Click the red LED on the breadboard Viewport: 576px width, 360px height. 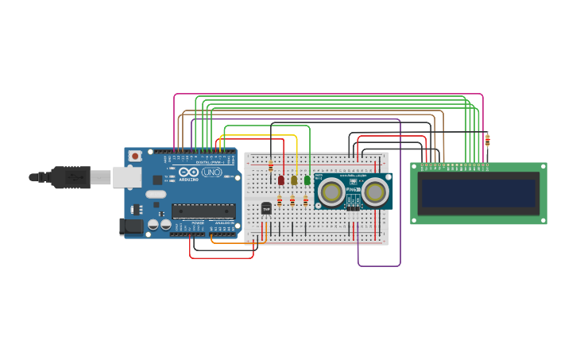pos(281,180)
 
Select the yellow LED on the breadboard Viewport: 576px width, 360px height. pos(294,180)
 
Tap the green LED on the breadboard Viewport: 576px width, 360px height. pos(307,180)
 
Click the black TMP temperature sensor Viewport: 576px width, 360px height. pos(266,208)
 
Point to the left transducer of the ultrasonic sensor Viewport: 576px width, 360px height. pos(331,191)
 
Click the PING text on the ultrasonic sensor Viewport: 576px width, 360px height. pos(353,190)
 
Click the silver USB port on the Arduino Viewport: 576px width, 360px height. pos(126,176)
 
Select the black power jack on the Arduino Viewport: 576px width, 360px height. pos(132,227)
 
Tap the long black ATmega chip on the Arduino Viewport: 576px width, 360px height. pos(203,211)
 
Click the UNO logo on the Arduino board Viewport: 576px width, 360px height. pos(212,172)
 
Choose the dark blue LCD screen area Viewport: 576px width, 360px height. pos(478,193)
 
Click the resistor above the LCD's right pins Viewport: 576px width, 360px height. pos(487,141)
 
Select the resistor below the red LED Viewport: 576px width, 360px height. pos(280,201)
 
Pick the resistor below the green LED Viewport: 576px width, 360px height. pos(305,201)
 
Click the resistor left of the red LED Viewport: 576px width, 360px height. pos(271,166)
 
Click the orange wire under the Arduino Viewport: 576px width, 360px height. pos(230,242)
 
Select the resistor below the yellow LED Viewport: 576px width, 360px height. pos(292,201)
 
